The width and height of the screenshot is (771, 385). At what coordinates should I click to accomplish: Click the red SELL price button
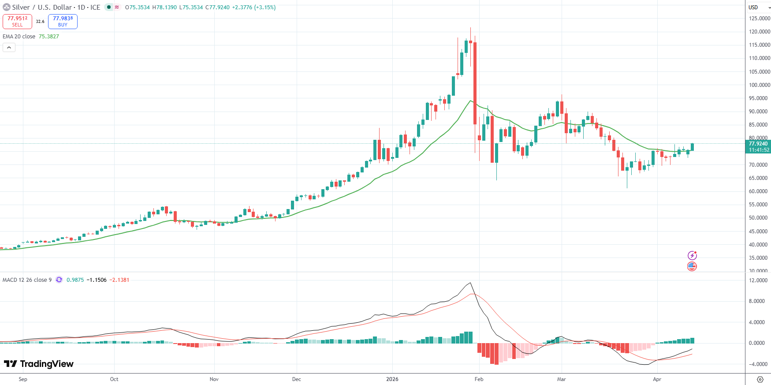[17, 21]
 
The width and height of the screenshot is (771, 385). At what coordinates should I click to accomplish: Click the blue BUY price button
[63, 21]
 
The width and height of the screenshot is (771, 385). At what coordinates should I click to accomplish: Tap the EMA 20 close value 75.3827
[48, 37]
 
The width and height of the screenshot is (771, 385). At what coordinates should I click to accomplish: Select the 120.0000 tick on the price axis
[759, 32]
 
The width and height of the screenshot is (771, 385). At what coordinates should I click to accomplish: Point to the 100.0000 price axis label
[759, 85]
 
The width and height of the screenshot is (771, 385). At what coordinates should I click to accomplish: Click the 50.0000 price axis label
[759, 218]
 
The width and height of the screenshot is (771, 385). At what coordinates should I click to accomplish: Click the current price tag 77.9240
[758, 144]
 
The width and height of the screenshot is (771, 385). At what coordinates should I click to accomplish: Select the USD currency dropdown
[758, 7]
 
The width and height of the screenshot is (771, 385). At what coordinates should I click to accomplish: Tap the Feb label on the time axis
[479, 379]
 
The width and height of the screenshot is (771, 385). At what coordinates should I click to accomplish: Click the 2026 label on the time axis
[392, 379]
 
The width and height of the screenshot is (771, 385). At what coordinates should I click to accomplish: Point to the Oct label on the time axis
[114, 379]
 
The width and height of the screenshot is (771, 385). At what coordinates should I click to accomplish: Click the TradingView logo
[39, 364]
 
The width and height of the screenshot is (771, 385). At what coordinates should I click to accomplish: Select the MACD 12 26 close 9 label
[27, 280]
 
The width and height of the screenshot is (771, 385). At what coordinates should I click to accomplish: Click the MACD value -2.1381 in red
[119, 280]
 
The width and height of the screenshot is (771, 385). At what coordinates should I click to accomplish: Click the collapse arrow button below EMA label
[9, 47]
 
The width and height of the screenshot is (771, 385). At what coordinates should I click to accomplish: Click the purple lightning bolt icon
[692, 255]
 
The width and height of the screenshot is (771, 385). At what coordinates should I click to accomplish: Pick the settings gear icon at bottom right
[760, 379]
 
